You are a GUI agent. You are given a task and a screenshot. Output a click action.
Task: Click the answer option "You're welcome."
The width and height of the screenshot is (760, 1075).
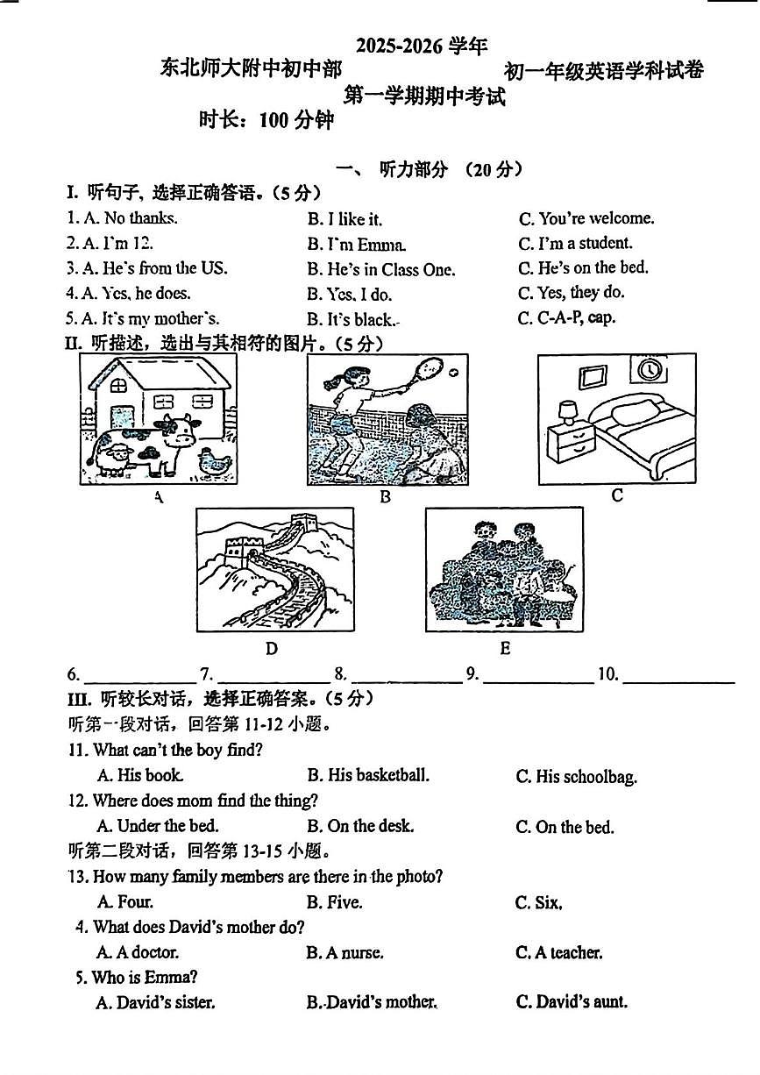(586, 218)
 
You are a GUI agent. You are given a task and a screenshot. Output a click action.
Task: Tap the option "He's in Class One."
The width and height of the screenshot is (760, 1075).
(380, 270)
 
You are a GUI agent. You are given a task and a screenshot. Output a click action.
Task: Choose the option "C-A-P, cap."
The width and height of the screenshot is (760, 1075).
(566, 318)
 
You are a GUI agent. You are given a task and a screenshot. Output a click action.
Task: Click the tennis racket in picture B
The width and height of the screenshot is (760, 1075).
(430, 371)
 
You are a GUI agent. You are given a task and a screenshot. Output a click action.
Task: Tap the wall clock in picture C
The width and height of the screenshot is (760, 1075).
(650, 369)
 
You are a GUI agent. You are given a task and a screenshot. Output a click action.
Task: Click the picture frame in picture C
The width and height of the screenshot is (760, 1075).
(593, 375)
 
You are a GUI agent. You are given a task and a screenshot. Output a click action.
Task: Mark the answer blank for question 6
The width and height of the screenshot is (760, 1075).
(133, 675)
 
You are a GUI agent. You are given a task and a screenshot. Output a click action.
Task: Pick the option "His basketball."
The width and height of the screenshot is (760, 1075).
(368, 776)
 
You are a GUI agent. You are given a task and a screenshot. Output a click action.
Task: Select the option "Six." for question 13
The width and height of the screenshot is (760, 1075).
(538, 902)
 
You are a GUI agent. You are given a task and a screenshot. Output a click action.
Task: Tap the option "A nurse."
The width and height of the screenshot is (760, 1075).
(344, 953)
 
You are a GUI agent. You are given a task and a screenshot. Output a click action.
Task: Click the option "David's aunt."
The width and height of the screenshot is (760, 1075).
(572, 1002)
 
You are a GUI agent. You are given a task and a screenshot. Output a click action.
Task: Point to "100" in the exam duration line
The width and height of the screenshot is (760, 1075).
(273, 121)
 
